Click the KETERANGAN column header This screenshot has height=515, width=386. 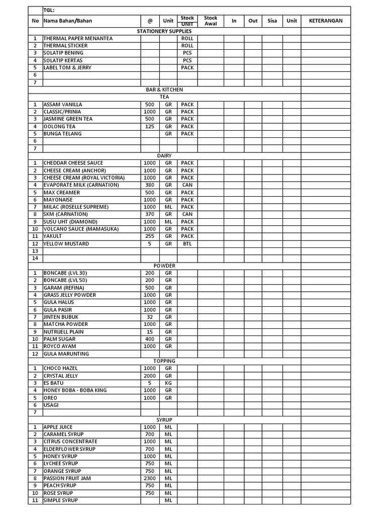[x=325, y=21]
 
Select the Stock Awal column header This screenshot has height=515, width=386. [x=211, y=21]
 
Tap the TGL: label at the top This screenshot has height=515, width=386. [x=49, y=10]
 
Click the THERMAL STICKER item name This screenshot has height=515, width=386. [x=65, y=46]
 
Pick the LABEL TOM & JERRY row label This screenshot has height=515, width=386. [x=67, y=67]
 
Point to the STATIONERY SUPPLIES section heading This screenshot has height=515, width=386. [x=164, y=31]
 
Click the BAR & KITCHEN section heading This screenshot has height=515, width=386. [x=164, y=90]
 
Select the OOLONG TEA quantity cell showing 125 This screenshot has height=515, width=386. [x=150, y=126]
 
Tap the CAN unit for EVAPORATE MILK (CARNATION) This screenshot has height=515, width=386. [x=187, y=185]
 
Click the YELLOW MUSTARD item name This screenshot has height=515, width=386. [x=66, y=244]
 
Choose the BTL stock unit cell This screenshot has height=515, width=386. [x=187, y=244]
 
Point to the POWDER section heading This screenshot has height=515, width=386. [x=164, y=266]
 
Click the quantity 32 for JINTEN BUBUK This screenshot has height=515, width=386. [x=150, y=317]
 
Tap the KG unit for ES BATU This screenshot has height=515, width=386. [x=168, y=383]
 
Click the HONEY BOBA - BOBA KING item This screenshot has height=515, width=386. [x=75, y=390]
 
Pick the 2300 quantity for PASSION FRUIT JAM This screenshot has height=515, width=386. [x=150, y=478]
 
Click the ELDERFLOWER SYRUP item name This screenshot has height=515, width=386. [x=69, y=449]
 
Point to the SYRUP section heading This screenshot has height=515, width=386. [x=164, y=419]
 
